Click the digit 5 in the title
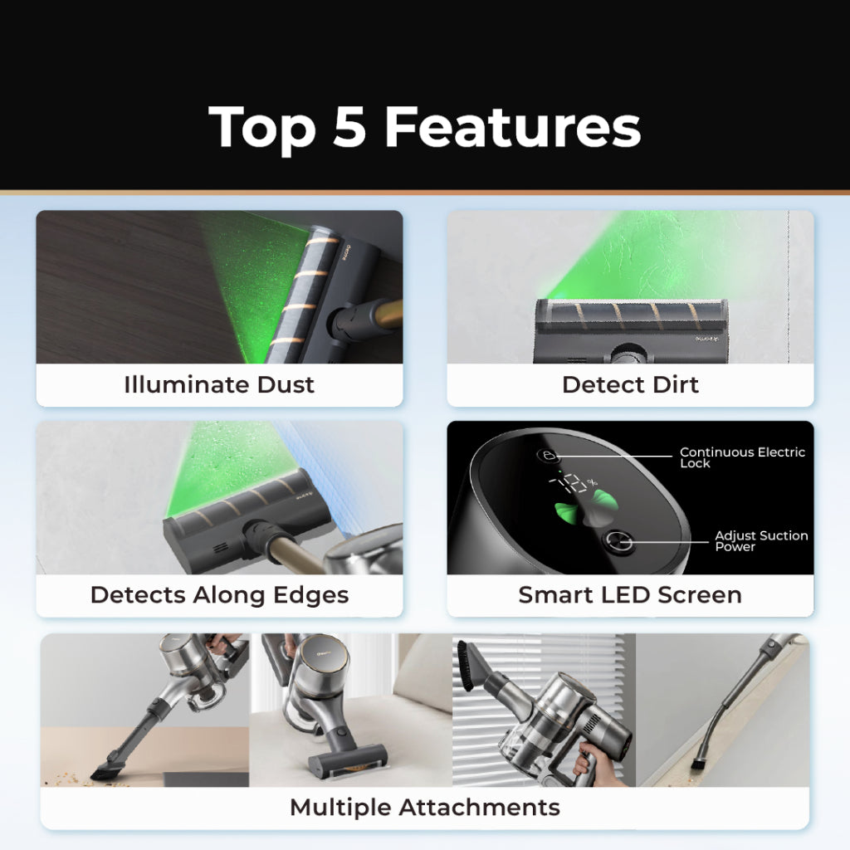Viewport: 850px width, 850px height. (350, 128)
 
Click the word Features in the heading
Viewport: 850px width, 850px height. (512, 128)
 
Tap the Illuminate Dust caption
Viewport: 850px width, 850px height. (219, 385)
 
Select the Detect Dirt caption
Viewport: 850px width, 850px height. (630, 385)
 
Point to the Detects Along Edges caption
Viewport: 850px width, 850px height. (219, 595)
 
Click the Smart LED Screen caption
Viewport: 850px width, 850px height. (630, 595)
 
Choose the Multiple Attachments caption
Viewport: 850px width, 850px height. (424, 807)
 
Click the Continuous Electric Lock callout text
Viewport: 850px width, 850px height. (742, 457)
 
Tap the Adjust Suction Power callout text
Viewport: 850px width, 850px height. (761, 541)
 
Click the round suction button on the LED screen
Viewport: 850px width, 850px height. (619, 543)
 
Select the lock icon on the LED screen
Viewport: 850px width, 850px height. (548, 456)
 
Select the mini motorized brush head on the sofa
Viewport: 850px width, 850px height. (348, 756)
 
